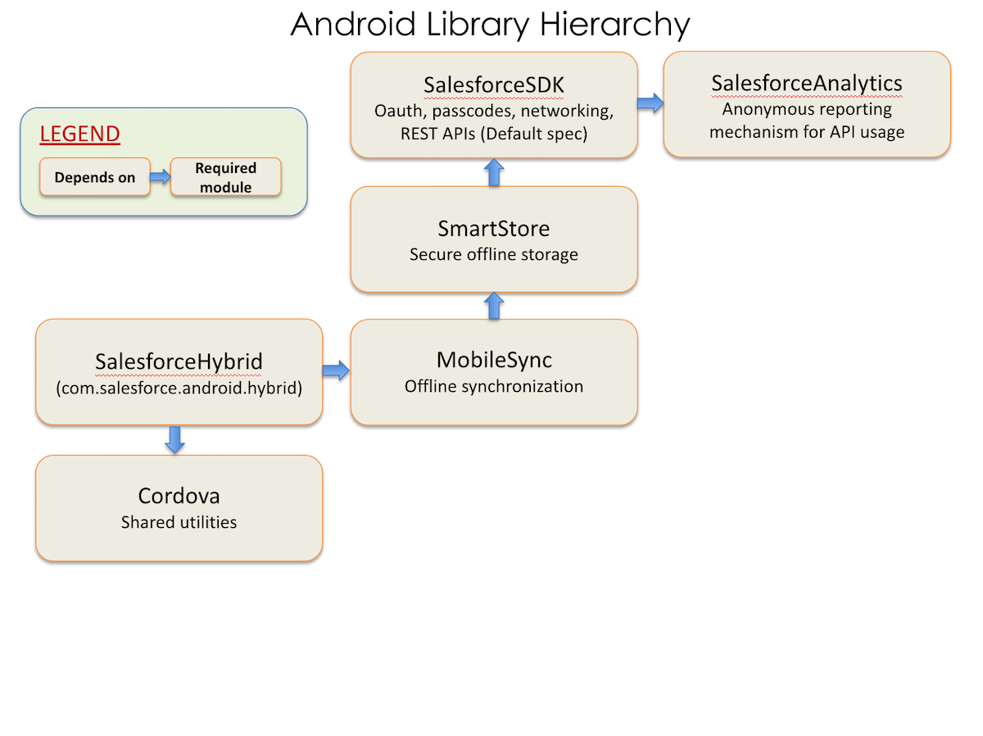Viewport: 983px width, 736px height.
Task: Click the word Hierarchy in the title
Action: coord(614,25)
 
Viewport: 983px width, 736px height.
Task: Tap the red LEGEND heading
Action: coord(79,134)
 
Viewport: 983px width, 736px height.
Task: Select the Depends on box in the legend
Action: coord(94,177)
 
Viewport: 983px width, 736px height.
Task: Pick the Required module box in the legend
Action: coord(226,177)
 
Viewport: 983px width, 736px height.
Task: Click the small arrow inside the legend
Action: coord(161,176)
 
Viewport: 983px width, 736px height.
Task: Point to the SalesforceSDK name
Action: coord(493,84)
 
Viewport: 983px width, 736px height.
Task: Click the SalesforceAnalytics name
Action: coord(807,84)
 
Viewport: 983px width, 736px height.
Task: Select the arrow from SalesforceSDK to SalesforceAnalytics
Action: coord(650,103)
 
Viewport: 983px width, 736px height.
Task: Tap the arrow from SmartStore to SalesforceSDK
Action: coord(494,172)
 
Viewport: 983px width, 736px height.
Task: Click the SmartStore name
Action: coord(493,229)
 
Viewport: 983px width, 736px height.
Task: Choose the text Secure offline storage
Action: coord(493,254)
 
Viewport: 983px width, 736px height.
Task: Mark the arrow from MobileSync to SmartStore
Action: coord(494,306)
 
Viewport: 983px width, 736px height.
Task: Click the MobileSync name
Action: coord(494,360)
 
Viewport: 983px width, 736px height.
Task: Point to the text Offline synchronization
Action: coord(493,386)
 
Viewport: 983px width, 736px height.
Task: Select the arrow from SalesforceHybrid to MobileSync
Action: coord(336,370)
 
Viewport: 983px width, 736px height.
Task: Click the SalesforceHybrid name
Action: coord(179,361)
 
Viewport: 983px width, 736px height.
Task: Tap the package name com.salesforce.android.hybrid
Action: coord(179,388)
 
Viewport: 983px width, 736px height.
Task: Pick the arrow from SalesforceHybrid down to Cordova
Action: coord(174,440)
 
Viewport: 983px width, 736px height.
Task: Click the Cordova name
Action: coord(179,496)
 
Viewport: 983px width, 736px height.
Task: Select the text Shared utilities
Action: coord(179,522)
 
